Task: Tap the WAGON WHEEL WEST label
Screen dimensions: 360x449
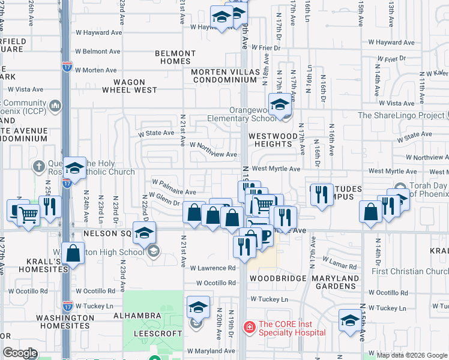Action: (x=130, y=86)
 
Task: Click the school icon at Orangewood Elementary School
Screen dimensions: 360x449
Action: (x=279, y=105)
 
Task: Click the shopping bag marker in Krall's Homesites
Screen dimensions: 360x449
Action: (x=73, y=253)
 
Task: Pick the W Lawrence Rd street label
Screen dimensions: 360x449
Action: (x=212, y=268)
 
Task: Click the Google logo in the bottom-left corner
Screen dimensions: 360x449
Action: (x=20, y=353)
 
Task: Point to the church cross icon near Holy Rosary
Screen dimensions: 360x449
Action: (x=39, y=166)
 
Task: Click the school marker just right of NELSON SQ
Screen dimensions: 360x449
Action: (x=145, y=233)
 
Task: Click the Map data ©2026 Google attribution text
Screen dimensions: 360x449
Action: (x=412, y=355)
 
